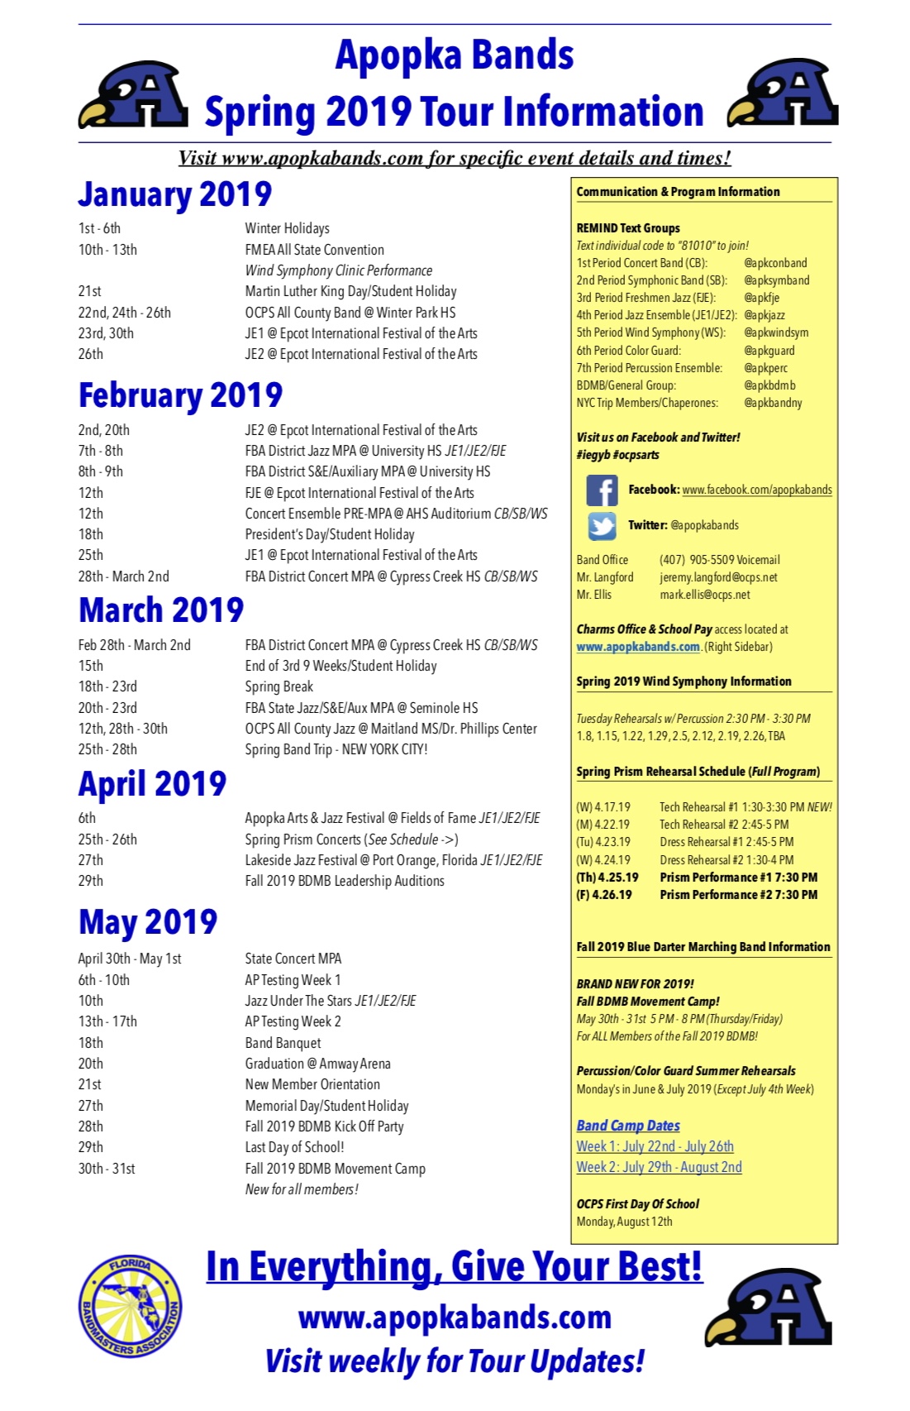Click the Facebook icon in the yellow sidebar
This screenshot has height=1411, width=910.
pos(602,490)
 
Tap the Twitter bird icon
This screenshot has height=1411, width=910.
pos(602,525)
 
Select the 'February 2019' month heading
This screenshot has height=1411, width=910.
pos(180,395)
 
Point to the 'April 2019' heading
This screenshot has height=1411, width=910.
pos(152,783)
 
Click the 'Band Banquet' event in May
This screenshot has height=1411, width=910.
pos(283,1043)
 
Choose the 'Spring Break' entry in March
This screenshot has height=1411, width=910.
pos(279,686)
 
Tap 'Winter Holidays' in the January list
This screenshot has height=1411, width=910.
pos(287,228)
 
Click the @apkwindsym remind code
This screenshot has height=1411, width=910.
pos(776,332)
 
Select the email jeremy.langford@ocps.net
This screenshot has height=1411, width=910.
pos(718,577)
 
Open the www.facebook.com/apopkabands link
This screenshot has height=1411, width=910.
pos(756,490)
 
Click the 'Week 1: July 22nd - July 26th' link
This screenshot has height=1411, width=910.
pos(655,1146)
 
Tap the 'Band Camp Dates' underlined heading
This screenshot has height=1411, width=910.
pos(628,1126)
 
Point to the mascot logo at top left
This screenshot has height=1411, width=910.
pos(134,97)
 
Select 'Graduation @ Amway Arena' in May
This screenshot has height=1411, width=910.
pos(317,1064)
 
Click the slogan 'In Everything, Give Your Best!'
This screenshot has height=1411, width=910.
pos(454,1266)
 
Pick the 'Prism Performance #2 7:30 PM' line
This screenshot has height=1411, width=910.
pos(738,895)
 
